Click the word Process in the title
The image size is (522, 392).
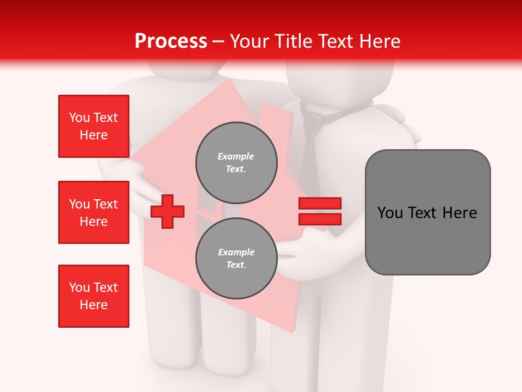coord(171,41)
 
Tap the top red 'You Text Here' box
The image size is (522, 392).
coord(94,126)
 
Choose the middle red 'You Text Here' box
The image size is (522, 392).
coord(94,212)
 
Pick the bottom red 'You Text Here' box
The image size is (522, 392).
coord(94,296)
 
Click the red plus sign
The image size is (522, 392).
coord(167,211)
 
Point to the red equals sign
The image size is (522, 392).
coord(320,211)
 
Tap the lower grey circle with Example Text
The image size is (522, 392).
coord(237,259)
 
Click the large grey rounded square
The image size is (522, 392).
coord(427,212)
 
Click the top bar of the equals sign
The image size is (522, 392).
coord(320,204)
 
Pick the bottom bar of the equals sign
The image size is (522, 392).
coord(320,219)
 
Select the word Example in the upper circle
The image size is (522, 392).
coord(236,157)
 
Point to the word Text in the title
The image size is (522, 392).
coord(336,41)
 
